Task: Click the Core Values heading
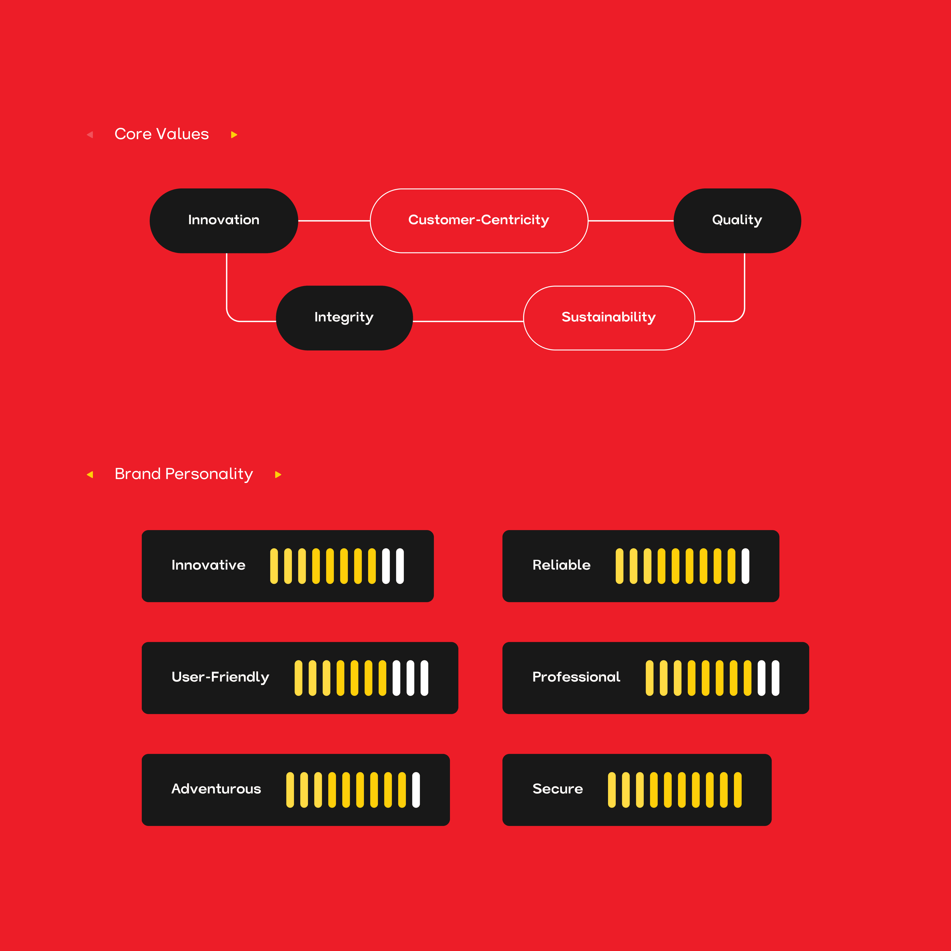pyautogui.click(x=161, y=134)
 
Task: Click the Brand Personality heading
pyautogui.click(x=184, y=474)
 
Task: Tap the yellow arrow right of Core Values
pyautogui.click(x=234, y=134)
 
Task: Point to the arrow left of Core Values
pyautogui.click(x=90, y=134)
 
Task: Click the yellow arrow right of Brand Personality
pyautogui.click(x=278, y=475)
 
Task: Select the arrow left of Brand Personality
pyautogui.click(x=90, y=475)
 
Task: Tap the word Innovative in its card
pyautogui.click(x=208, y=565)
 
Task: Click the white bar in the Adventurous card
pyautogui.click(x=416, y=790)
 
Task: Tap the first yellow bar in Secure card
pyautogui.click(x=611, y=790)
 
